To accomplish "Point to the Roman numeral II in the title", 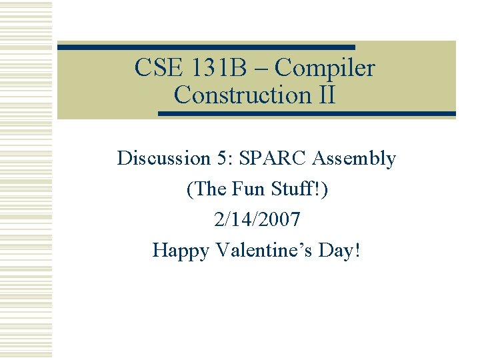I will coord(323,95).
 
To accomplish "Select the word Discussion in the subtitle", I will coord(163,159).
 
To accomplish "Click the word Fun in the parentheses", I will coord(247,189).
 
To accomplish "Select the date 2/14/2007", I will coord(257,219).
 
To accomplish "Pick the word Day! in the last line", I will coord(341,251).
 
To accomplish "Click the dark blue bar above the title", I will coord(207,47).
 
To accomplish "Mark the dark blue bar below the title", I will coord(307,114).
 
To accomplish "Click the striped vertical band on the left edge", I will coord(26,180).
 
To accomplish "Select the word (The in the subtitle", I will coord(206,189).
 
